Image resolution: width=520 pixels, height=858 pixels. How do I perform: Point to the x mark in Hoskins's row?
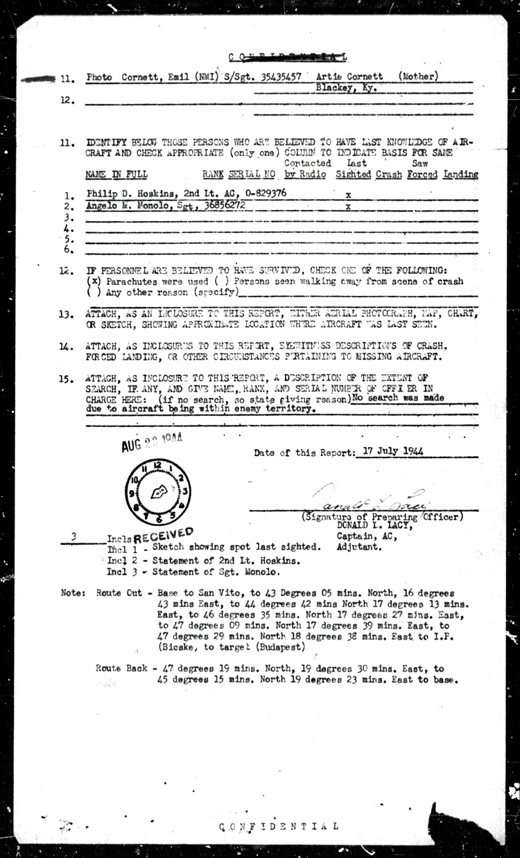(347, 196)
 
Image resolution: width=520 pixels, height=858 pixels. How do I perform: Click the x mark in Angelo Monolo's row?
(347, 207)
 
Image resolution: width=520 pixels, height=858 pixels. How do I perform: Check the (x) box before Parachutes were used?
(93, 281)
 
